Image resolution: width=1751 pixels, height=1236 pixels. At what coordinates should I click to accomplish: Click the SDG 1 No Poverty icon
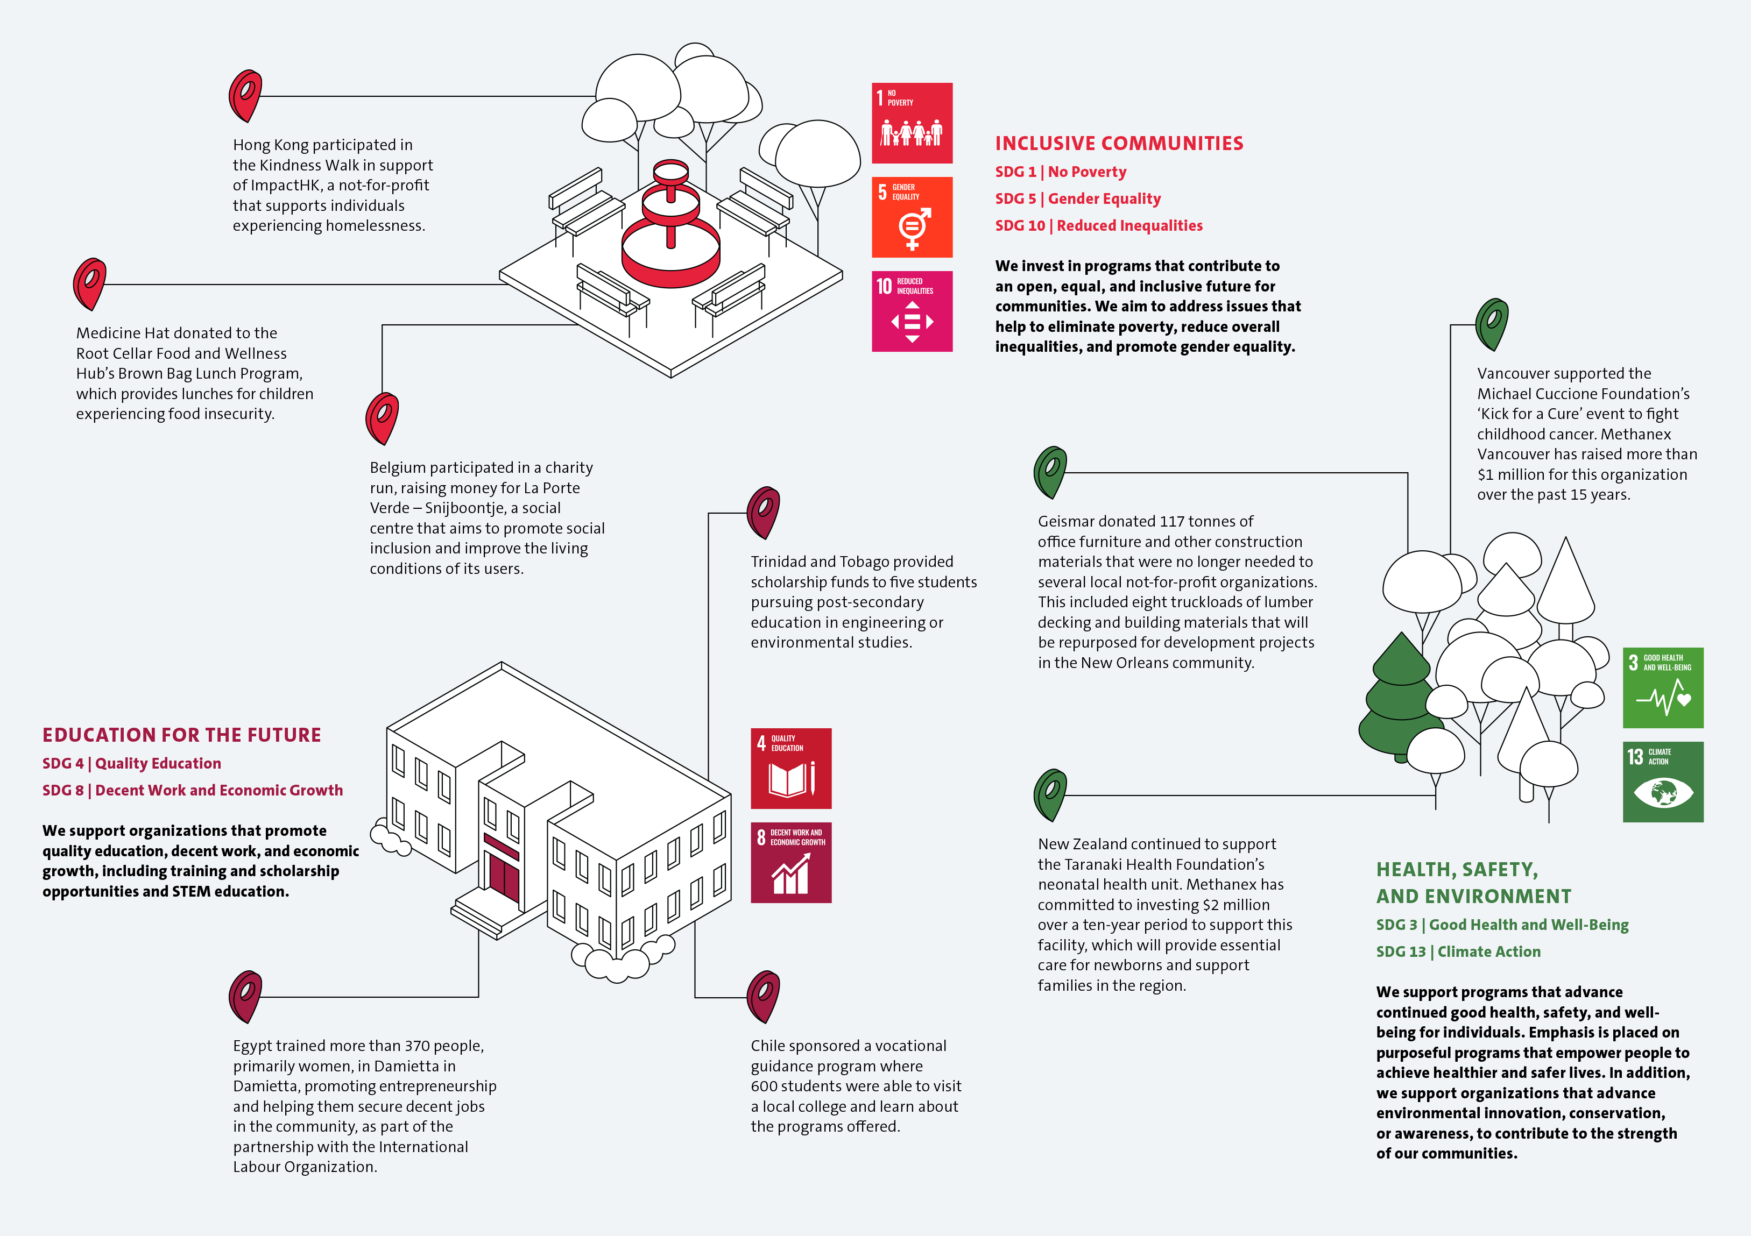point(912,123)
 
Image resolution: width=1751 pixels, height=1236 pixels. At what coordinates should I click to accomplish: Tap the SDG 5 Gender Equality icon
point(912,217)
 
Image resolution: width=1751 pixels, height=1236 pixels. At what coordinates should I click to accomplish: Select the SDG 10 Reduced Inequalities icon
point(912,311)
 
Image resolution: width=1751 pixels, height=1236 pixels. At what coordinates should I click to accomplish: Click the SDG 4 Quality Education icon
point(791,768)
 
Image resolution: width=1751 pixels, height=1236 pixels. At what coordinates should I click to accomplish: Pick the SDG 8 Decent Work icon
point(791,862)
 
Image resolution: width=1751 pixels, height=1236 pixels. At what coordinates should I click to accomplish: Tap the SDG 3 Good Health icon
point(1663,688)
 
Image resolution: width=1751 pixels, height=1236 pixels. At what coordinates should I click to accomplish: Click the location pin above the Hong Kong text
point(245,95)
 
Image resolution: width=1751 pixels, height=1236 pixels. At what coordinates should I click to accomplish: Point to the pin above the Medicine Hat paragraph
point(89,282)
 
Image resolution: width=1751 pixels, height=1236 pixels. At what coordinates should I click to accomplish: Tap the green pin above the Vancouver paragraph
point(1491,323)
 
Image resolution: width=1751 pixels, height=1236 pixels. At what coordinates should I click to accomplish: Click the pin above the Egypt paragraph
point(245,995)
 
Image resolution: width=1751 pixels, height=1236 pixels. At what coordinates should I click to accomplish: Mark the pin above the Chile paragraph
point(762,995)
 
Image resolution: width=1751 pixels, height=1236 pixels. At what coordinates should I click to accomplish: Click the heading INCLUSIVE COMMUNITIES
point(1119,144)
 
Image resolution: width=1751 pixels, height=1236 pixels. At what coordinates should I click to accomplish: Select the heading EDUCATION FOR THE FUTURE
point(181,735)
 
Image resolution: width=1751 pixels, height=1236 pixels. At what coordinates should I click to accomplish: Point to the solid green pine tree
point(1400,698)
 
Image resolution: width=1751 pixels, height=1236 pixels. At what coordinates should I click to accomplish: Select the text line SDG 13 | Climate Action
point(1458,951)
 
